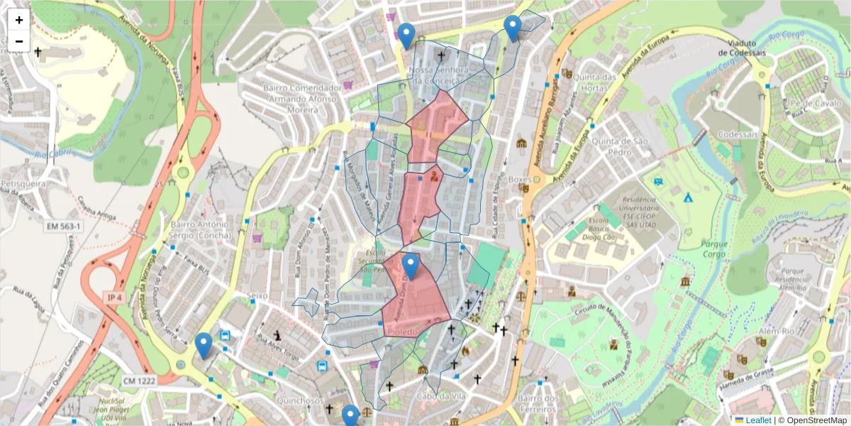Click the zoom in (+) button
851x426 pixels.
click(19, 20)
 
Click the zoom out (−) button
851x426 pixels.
click(19, 41)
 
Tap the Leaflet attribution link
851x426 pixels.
click(757, 420)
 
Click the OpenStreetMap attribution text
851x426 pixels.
click(816, 420)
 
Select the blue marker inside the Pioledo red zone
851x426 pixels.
click(410, 267)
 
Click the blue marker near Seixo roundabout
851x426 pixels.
click(204, 346)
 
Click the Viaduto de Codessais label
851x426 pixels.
click(742, 47)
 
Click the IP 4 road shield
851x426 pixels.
click(114, 297)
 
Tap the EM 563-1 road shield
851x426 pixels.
click(65, 226)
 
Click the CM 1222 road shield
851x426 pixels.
click(138, 381)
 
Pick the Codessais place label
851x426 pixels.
click(737, 134)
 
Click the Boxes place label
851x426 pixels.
click(520, 180)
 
